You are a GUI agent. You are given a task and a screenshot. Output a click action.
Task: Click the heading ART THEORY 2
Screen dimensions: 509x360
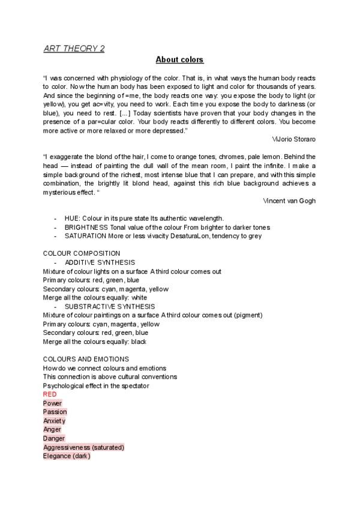74,49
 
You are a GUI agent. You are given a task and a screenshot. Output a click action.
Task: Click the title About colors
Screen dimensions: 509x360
179,59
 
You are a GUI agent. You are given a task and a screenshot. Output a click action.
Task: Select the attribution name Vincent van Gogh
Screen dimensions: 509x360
289,200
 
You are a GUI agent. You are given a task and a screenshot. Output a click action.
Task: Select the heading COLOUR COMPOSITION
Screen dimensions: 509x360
82,253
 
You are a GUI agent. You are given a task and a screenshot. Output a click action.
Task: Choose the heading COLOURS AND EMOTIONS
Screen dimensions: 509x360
86,359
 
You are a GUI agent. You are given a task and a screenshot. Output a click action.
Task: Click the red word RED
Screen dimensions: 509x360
50,394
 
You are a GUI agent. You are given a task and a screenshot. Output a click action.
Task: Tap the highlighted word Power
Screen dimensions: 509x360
52,403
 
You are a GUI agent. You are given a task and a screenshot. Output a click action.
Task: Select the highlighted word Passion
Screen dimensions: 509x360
55,412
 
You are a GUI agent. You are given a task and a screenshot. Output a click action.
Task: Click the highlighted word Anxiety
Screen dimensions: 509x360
54,421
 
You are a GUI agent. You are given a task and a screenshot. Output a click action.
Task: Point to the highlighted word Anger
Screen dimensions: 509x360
52,429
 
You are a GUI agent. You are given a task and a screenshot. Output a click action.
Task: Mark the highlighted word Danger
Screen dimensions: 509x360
54,438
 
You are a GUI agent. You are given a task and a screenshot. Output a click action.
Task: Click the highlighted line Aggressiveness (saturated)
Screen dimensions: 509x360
83,447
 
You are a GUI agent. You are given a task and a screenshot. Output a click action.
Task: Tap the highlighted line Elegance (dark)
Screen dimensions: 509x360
67,456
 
